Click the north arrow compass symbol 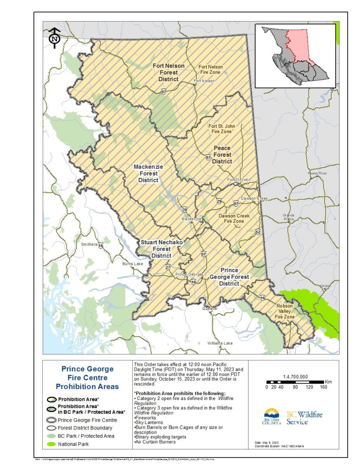point(55,38)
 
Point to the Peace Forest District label point(222,155)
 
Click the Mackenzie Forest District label point(148,174)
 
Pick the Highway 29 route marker point(219,201)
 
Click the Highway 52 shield point(258,232)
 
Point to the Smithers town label point(89,245)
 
